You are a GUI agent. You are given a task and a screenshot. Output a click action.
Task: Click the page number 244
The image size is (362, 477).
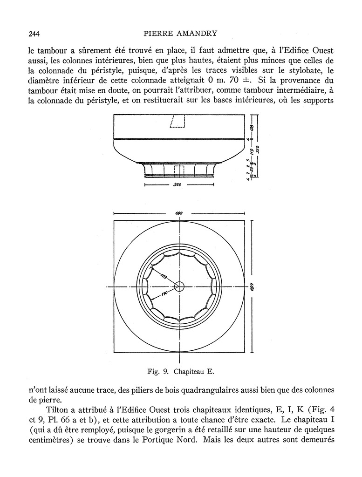tap(34, 33)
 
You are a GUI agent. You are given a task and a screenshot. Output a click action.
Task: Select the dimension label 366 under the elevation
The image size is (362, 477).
tap(177, 185)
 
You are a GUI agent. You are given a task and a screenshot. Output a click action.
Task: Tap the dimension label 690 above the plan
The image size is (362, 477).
tap(179, 213)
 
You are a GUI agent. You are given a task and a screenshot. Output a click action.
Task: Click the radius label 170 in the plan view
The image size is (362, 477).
tap(164, 294)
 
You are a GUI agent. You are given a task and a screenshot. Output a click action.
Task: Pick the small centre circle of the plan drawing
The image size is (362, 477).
tap(179, 286)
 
